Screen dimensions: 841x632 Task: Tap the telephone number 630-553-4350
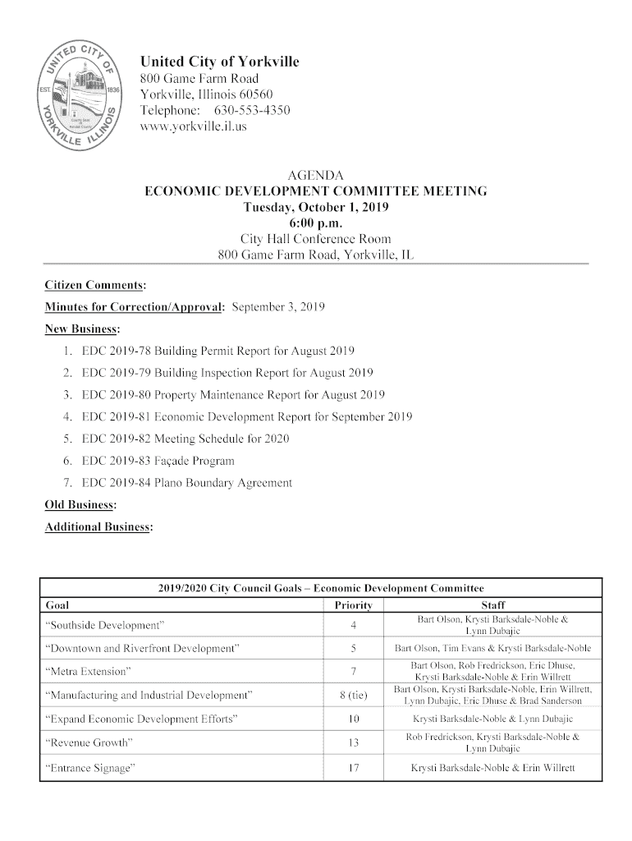[x=252, y=111]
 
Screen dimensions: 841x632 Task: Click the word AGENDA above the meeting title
[x=315, y=176]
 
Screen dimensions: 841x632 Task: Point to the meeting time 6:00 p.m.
[x=316, y=223]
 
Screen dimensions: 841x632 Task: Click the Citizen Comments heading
[x=95, y=285]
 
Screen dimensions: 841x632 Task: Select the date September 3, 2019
[x=279, y=307]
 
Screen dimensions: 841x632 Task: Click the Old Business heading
[x=79, y=503]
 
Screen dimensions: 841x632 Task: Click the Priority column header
[x=354, y=606]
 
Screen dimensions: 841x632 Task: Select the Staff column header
[x=496, y=606]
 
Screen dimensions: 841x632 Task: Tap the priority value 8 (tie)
[x=354, y=696]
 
